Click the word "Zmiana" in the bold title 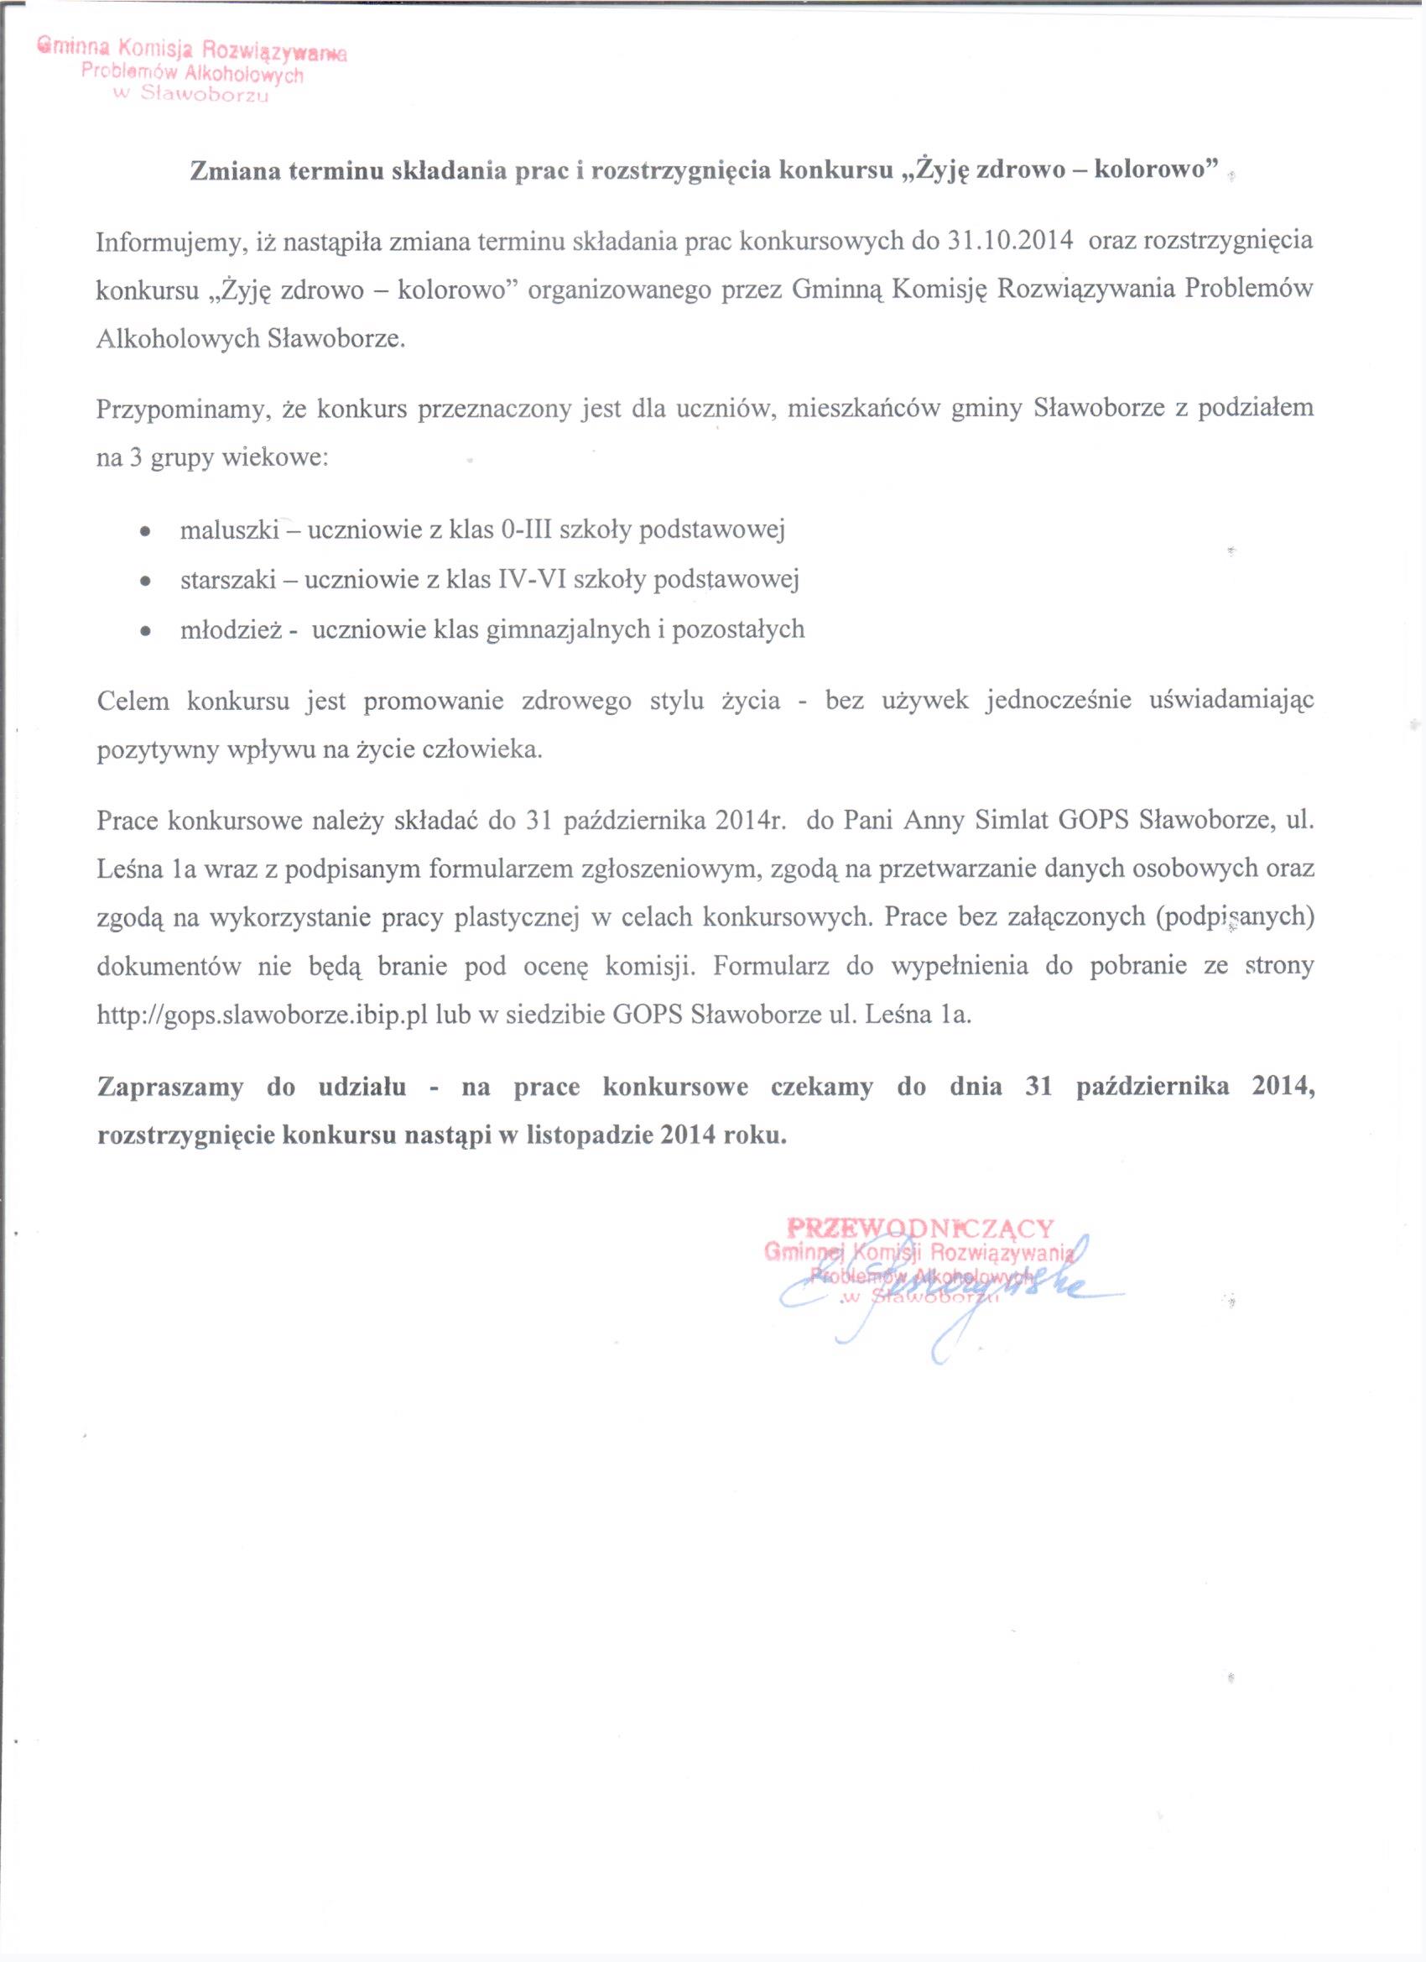coord(234,170)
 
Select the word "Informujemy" coord(171,242)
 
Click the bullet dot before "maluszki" coord(147,530)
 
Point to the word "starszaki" coord(226,580)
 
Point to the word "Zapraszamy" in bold coord(170,1088)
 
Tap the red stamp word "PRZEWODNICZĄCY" coord(921,1229)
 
